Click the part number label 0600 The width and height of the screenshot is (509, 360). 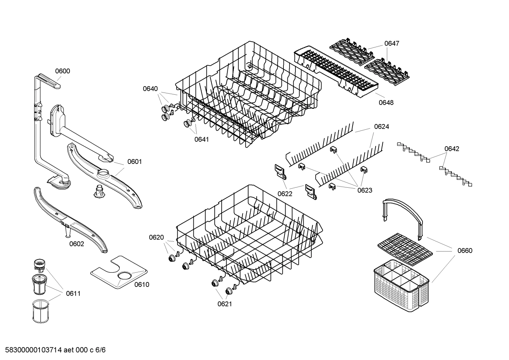(62, 71)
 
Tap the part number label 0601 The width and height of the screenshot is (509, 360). (134, 162)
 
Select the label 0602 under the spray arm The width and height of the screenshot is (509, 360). (77, 244)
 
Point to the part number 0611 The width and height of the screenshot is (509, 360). (73, 294)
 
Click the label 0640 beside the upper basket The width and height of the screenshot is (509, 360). (150, 89)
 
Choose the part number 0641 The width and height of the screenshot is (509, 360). (202, 139)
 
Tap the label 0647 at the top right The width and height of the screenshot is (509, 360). (391, 43)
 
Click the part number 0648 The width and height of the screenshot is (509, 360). (386, 102)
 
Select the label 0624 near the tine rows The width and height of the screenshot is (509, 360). (382, 126)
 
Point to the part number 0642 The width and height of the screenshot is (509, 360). (451, 149)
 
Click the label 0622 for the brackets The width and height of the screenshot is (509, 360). (285, 194)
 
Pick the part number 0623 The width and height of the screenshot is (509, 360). (365, 190)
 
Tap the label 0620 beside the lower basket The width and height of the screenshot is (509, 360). (156, 237)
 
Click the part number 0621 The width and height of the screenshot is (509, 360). (224, 303)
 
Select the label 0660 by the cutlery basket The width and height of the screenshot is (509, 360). (465, 250)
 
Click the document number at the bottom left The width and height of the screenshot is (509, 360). (53, 350)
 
